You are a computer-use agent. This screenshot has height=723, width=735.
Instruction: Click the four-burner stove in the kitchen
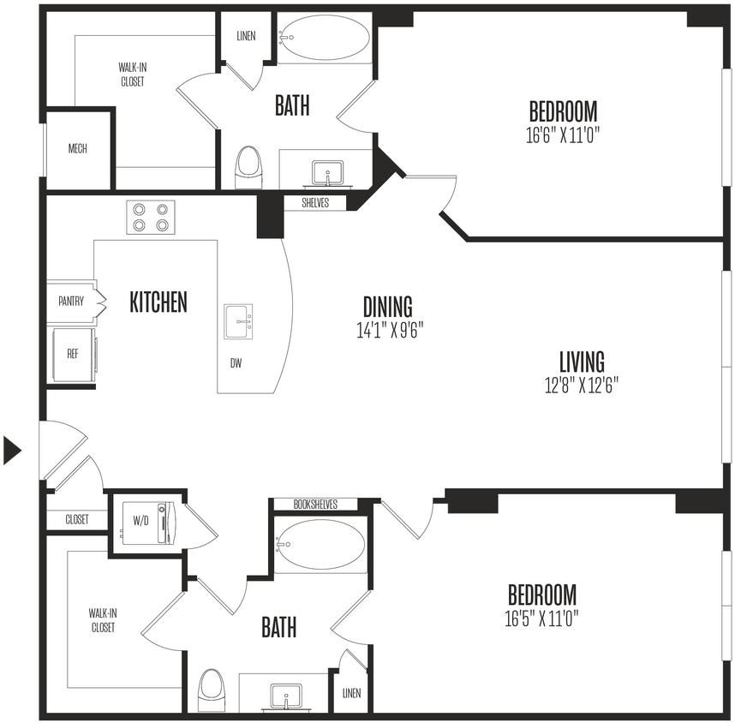coord(151,217)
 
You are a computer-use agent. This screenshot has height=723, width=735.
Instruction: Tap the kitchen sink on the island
coord(239,321)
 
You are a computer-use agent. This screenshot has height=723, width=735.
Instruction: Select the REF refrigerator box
coord(73,354)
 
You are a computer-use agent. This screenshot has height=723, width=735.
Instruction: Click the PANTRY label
coord(71,302)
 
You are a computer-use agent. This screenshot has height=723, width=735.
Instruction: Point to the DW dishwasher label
coord(236,363)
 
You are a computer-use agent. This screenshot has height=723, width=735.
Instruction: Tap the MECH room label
coord(77,149)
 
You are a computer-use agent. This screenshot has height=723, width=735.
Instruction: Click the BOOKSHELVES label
coord(314,505)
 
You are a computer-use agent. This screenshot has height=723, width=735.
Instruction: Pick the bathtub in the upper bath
coord(325,38)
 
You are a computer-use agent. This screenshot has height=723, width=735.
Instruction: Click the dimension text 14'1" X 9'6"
coord(390,330)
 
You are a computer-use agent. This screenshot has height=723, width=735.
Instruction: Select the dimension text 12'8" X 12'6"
coord(582,385)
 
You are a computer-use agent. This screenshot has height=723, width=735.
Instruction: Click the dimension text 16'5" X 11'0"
coord(541,618)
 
